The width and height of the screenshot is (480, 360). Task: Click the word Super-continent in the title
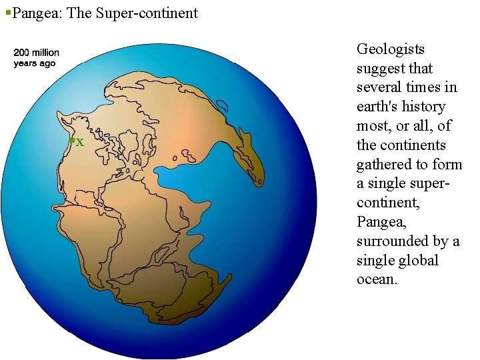(147, 13)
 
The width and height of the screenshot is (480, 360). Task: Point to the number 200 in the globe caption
(22, 53)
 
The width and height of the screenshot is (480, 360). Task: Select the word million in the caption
(45, 53)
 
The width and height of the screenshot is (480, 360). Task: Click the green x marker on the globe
(79, 142)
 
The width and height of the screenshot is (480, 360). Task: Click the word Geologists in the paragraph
(391, 49)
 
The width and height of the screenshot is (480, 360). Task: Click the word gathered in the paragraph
(383, 164)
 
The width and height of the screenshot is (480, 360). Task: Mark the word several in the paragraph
(379, 87)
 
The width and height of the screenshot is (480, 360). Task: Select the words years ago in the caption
(35, 63)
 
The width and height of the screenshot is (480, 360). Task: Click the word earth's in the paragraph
(379, 107)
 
